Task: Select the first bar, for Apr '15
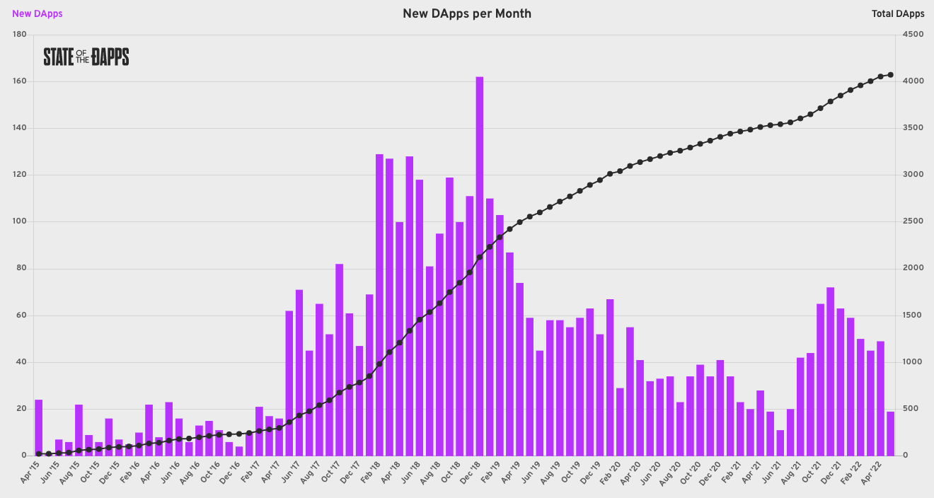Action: click(x=39, y=427)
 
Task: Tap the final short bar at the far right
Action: click(x=891, y=433)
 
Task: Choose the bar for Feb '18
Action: click(x=379, y=304)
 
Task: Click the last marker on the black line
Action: click(x=891, y=75)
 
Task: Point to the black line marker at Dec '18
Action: click(x=480, y=257)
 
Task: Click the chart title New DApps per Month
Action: click(x=467, y=13)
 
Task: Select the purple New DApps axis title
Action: click(x=38, y=13)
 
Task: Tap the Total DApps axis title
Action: click(x=898, y=13)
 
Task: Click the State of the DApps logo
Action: click(x=86, y=57)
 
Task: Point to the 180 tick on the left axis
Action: click(x=20, y=35)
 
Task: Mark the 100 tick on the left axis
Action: click(x=20, y=221)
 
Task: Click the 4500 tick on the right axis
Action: click(x=911, y=35)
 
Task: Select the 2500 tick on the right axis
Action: click(x=911, y=221)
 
